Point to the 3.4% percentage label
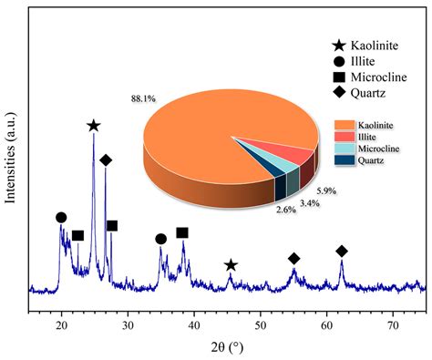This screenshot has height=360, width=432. coord(309,203)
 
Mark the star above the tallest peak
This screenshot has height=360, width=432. coord(93,126)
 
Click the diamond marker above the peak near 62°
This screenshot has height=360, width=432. coord(342,251)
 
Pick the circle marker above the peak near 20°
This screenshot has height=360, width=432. coord(61,218)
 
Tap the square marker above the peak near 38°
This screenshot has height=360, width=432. coord(182,233)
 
